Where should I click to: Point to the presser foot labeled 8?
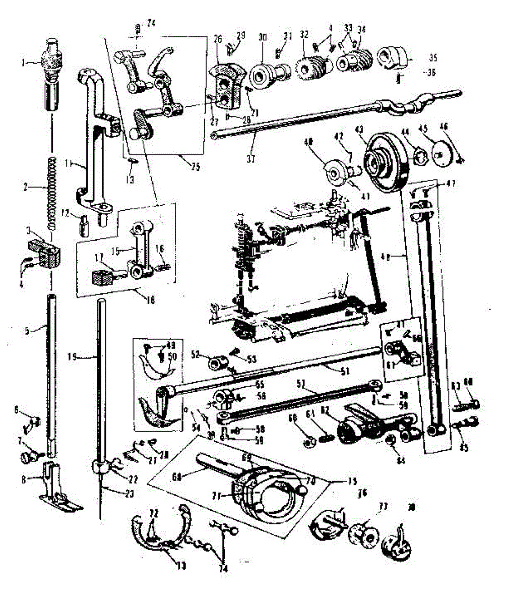(55, 484)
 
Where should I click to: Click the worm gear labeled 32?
(308, 66)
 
